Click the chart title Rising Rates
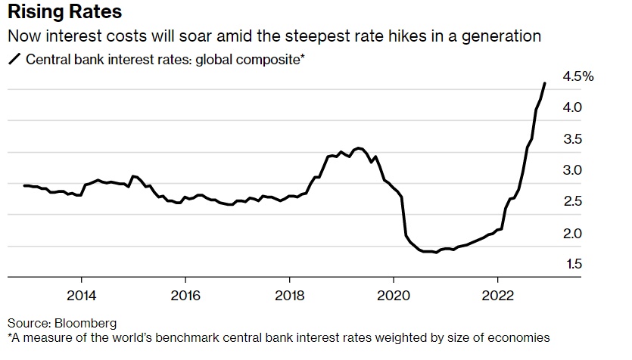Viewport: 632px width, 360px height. click(x=64, y=14)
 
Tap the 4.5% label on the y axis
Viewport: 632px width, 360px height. click(x=578, y=76)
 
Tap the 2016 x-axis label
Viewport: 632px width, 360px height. click(x=185, y=294)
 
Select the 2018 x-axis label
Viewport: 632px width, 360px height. click(x=290, y=294)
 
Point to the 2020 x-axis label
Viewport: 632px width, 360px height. click(x=394, y=294)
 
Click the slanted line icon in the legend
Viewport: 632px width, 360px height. click(x=14, y=59)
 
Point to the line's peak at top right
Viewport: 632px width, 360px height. click(x=544, y=83)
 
